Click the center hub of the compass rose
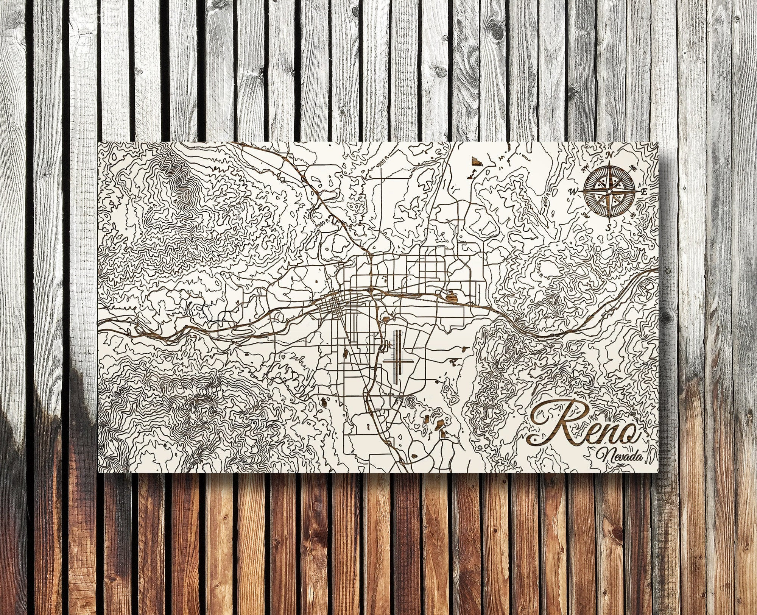[609, 191]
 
